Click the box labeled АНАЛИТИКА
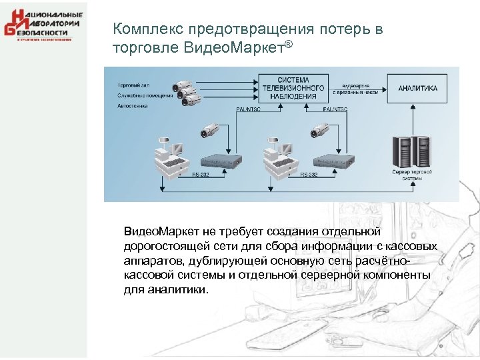[418, 88]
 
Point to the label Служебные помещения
[145, 95]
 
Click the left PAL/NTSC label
[249, 108]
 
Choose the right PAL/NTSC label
[335, 108]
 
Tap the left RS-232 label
[201, 174]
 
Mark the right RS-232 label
[309, 174]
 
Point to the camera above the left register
[210, 131]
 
